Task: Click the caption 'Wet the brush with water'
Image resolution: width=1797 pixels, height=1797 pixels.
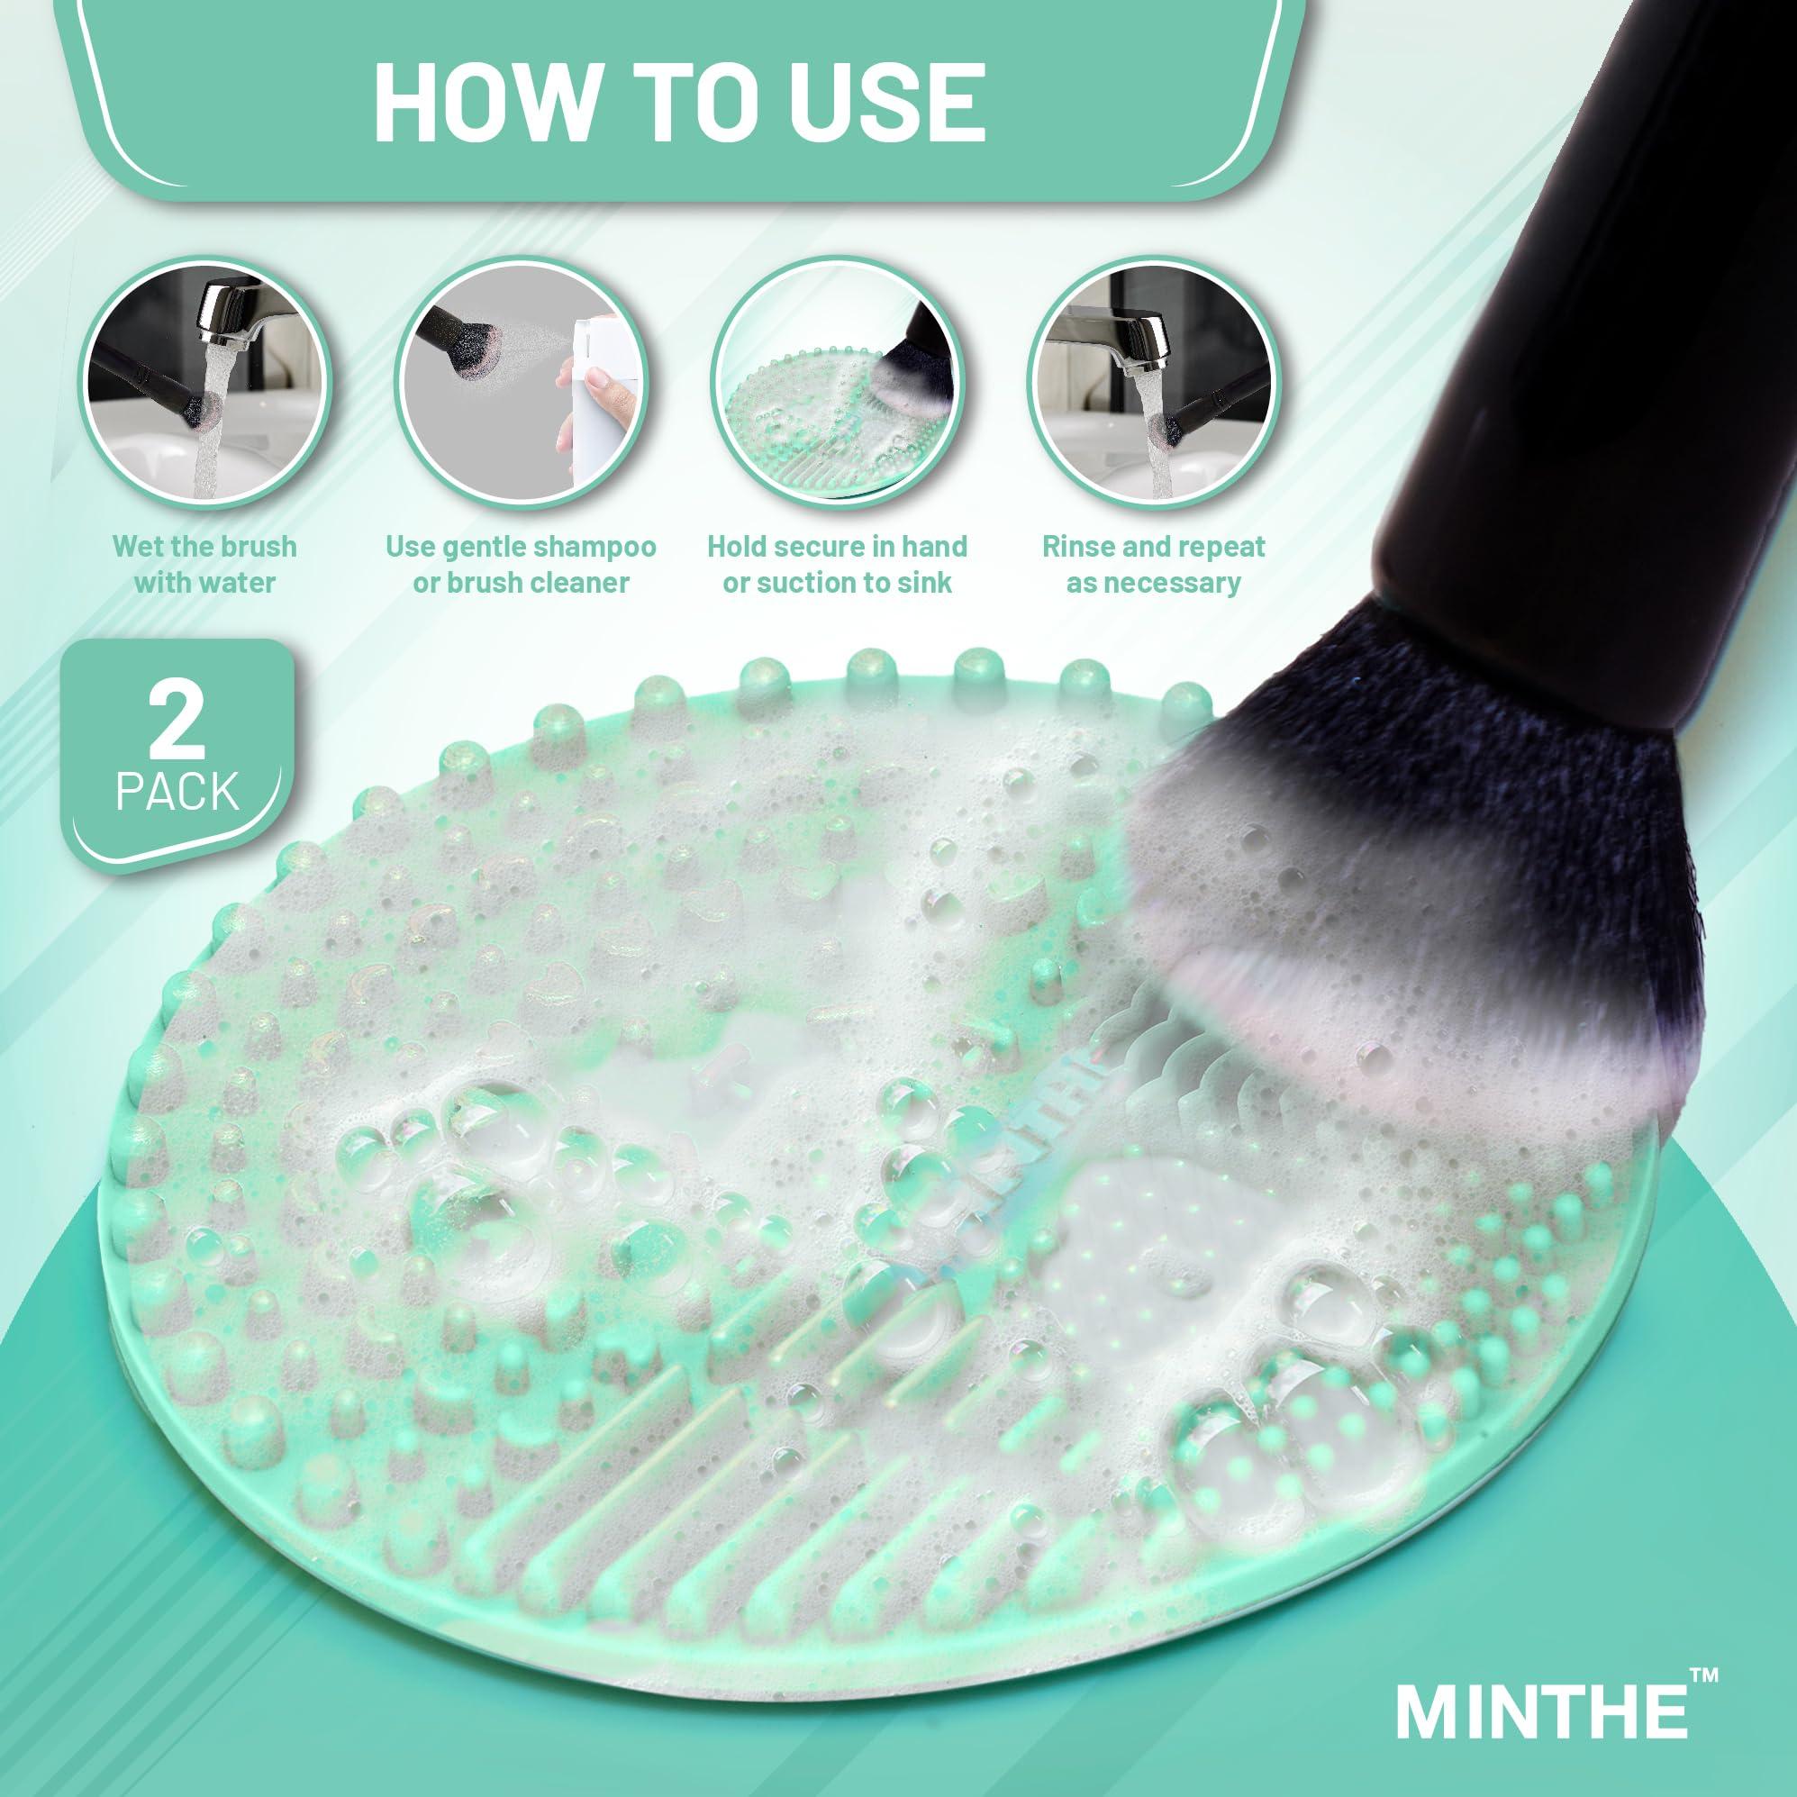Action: coord(204,565)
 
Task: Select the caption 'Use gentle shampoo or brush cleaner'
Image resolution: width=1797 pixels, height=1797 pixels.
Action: coord(521,565)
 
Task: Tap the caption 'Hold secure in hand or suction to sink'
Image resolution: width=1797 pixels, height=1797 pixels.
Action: coord(837,565)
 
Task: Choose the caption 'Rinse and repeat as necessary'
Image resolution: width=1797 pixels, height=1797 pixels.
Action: coord(1153,565)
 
